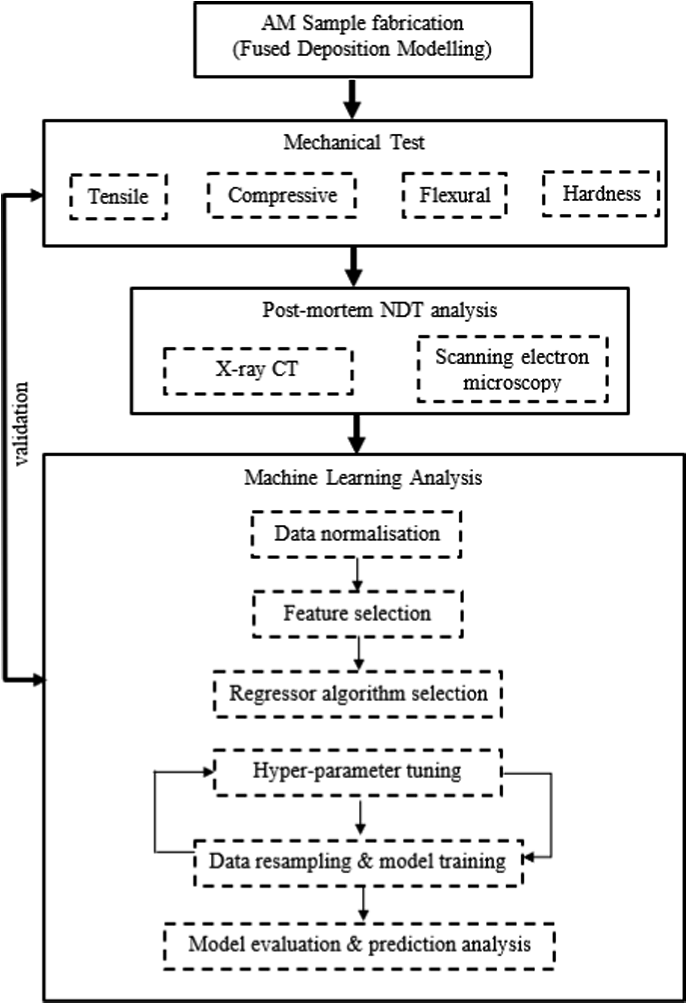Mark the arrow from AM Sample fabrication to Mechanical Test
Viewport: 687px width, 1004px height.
(353, 99)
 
